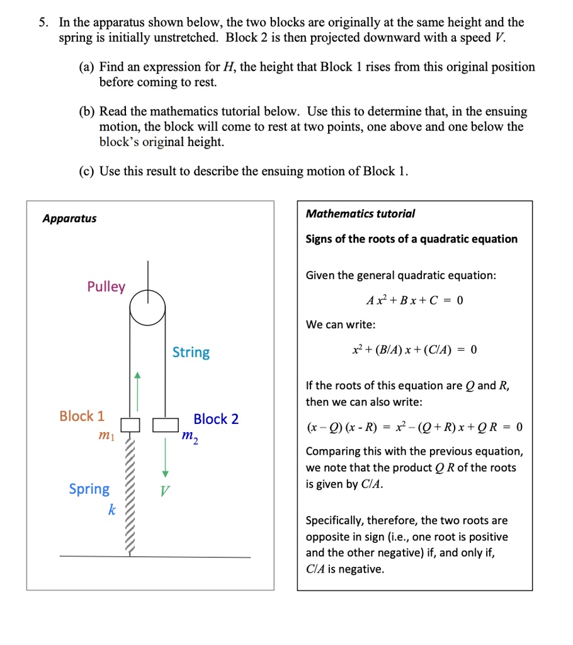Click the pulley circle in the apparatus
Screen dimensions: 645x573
(x=148, y=307)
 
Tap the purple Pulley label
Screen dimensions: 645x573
(x=106, y=287)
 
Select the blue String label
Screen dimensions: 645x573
(x=191, y=352)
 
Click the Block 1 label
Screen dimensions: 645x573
(x=82, y=416)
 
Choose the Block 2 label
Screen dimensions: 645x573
(x=216, y=420)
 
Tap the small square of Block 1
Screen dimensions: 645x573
(x=130, y=425)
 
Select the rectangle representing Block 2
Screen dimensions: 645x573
(x=166, y=425)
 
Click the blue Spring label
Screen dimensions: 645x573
(x=89, y=489)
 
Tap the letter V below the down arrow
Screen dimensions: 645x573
(x=164, y=491)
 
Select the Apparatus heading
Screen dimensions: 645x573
(x=69, y=219)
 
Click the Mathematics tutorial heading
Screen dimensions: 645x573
(x=360, y=214)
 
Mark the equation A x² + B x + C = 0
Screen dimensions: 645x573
(x=414, y=300)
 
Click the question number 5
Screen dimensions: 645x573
(x=42, y=23)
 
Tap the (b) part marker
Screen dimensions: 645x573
(x=87, y=111)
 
